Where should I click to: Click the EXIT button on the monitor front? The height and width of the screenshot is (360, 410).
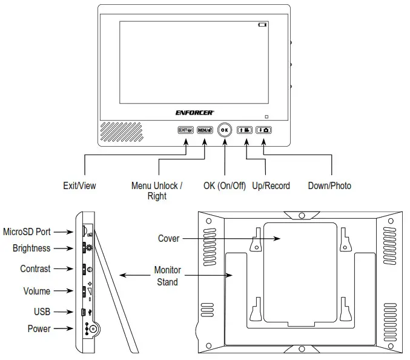[x=185, y=130]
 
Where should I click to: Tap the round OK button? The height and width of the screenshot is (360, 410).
[x=225, y=130]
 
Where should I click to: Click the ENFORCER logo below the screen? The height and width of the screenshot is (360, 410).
[x=194, y=112]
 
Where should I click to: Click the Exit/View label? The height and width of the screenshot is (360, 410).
[x=79, y=185]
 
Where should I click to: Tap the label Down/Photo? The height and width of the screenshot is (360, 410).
[x=329, y=185]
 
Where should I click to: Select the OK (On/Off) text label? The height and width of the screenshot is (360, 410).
[x=225, y=185]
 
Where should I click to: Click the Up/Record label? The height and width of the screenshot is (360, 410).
[x=271, y=185]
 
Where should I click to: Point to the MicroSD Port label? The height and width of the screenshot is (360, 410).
[x=27, y=232]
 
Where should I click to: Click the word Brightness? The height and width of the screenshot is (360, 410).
[x=31, y=248]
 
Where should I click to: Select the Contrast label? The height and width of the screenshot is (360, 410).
[x=35, y=268]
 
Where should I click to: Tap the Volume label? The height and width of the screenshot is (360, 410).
[x=36, y=291]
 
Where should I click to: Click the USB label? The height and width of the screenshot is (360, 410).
[x=42, y=312]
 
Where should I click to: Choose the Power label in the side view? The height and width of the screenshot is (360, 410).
[x=39, y=328]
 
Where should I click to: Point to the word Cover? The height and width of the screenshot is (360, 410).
[x=168, y=238]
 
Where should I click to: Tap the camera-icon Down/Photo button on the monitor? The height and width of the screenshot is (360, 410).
[x=264, y=130]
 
